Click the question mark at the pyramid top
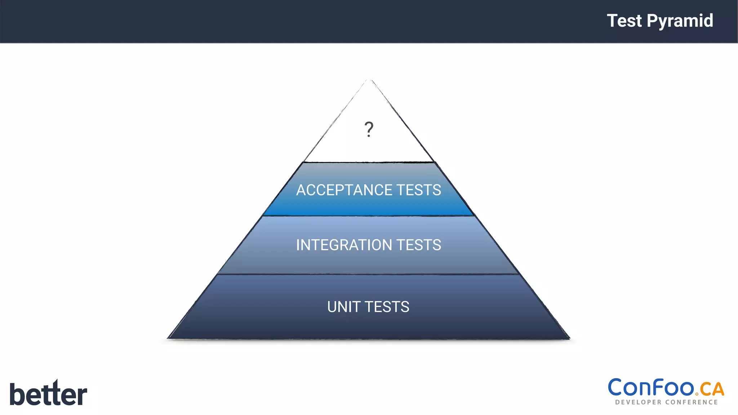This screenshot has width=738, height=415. (369, 129)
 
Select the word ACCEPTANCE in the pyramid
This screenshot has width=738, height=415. (344, 190)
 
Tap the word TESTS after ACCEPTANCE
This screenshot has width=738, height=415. (419, 190)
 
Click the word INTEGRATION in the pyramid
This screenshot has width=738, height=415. (344, 245)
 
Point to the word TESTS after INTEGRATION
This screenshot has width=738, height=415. (419, 245)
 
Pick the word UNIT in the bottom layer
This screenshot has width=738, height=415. (344, 307)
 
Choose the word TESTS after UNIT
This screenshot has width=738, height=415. (387, 307)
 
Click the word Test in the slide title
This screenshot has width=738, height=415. (624, 21)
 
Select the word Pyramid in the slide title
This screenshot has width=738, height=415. (680, 21)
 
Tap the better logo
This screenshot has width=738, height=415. (48, 393)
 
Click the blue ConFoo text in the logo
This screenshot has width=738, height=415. (652, 388)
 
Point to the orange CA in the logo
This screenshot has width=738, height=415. (712, 389)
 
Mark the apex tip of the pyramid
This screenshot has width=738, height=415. (369, 80)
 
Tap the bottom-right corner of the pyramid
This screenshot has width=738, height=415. (569, 338)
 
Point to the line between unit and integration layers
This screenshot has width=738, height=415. (369, 275)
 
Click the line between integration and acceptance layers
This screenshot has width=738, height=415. (369, 216)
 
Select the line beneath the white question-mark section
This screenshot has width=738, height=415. (369, 162)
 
